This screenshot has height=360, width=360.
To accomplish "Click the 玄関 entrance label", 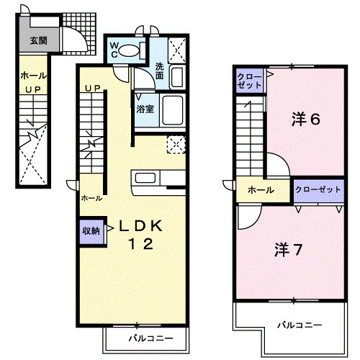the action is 39,41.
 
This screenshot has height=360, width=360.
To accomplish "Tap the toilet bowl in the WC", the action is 129,50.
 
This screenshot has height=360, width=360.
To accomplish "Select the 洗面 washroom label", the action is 160,71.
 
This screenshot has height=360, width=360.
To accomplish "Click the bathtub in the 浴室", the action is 172,110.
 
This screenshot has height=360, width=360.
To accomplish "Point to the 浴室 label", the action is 145,109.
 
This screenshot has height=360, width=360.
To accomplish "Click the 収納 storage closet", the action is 91,231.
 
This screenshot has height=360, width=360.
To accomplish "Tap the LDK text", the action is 141,226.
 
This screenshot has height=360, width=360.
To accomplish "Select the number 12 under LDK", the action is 141,244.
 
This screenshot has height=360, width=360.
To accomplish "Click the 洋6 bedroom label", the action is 306,119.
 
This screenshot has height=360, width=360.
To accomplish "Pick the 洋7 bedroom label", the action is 288,250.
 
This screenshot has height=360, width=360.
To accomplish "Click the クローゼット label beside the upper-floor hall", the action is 318,189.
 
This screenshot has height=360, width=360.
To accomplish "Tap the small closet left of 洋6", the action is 250,81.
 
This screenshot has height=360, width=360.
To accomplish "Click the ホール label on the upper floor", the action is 261,190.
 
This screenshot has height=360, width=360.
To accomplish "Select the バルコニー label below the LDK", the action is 151,338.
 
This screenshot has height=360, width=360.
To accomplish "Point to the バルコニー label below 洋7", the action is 300,325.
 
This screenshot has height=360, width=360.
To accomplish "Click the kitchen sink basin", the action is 145,178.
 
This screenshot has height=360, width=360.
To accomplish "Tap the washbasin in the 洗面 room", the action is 177,77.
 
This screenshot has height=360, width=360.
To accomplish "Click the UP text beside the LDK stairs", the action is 93,89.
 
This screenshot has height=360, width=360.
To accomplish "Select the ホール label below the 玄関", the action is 33,76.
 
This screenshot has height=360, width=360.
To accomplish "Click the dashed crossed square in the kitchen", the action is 176,145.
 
